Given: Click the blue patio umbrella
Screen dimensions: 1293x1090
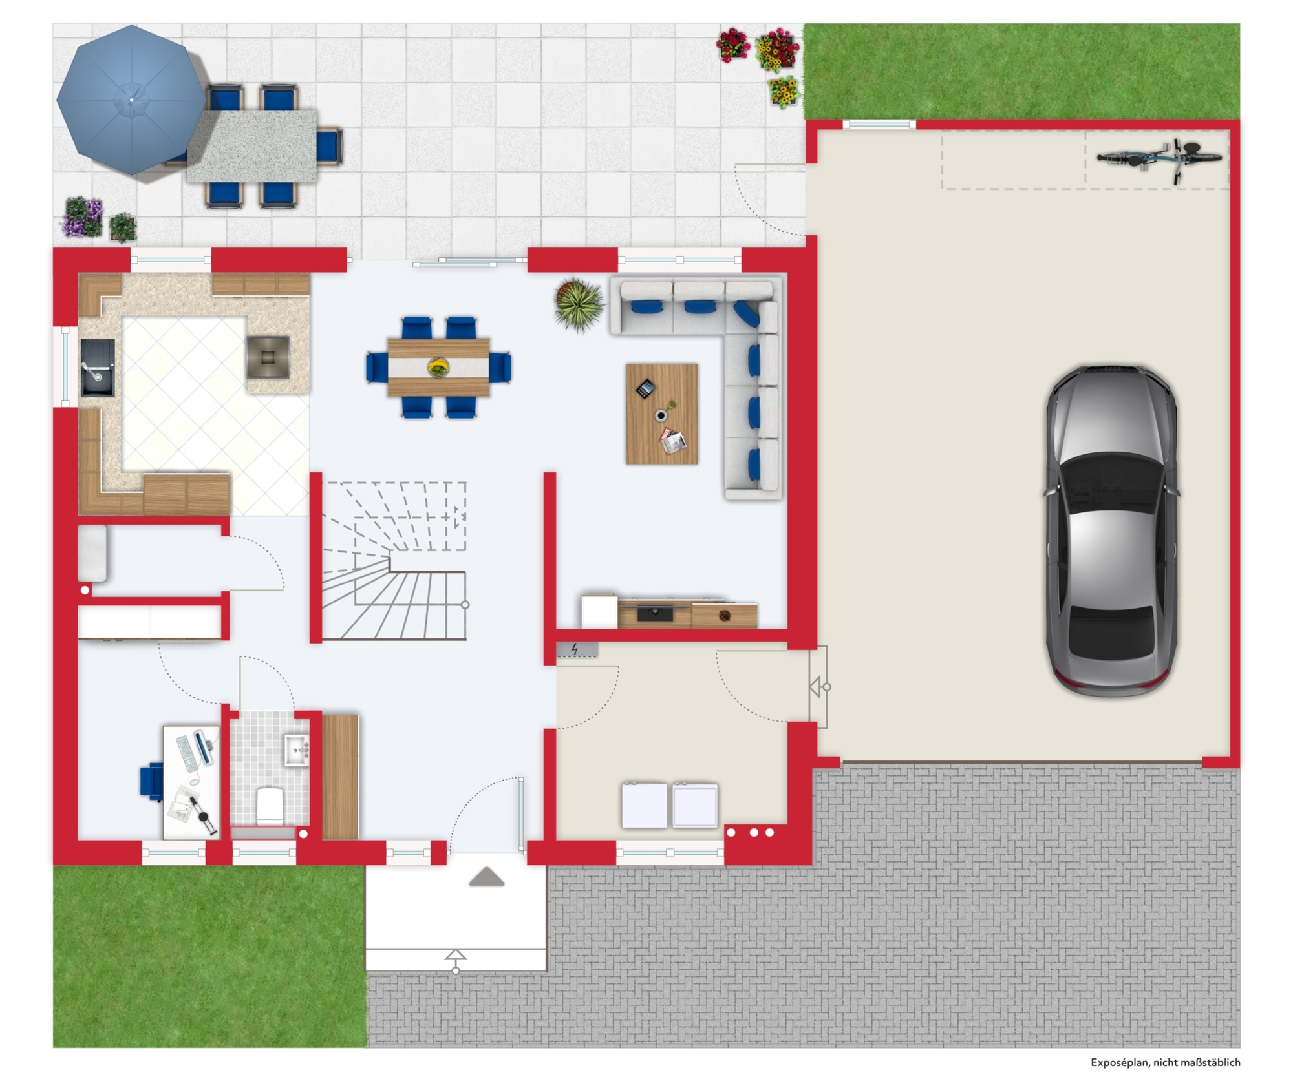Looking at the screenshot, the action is pos(131,100).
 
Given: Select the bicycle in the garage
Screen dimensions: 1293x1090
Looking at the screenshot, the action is pos(1159,159).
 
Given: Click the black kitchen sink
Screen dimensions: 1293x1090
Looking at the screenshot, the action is pos(98,368).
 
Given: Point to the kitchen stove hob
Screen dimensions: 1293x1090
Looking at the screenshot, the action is pos(268,356).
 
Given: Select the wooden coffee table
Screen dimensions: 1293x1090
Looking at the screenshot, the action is pos(661,414).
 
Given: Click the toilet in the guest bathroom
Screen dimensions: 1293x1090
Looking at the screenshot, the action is pos(270,804).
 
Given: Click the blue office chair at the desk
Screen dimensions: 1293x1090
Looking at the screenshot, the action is pos(152,782).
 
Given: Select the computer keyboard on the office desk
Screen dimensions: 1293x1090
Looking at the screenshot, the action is pos(187,753).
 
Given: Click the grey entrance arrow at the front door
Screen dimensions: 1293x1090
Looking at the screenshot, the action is pos(486,877).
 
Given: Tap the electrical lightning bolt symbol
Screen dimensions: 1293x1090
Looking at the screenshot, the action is pos(575,649).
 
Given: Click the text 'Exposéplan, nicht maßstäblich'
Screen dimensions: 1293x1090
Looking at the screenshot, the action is pos(1165,1062).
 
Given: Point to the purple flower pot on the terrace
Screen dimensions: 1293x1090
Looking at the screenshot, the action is pos(83,217).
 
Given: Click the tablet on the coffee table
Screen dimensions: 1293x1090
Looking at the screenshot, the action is pos(645,389).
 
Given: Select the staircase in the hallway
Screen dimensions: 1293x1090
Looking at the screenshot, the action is pos(394,561).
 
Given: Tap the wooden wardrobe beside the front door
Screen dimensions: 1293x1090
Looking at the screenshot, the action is pos(340,777).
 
